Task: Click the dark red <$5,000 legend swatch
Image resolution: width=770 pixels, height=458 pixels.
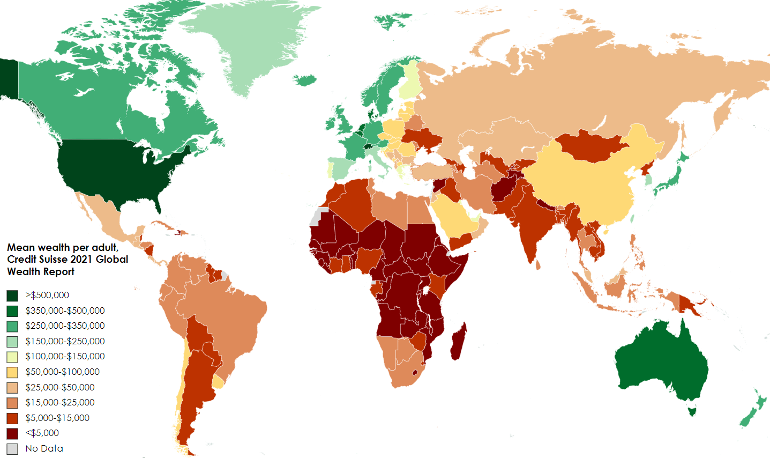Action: (12, 433)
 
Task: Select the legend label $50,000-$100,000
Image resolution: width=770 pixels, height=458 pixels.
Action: (62, 372)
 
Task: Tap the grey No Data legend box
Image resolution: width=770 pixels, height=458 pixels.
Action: (12, 449)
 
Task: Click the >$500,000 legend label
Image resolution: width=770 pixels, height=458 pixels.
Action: (47, 295)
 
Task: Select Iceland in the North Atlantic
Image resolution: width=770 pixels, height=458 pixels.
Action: (305, 80)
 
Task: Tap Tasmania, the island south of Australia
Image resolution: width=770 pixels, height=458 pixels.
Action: (692, 411)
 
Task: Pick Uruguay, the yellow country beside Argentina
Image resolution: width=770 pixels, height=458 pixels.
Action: (218, 382)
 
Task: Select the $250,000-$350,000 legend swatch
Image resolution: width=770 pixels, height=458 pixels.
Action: (12, 326)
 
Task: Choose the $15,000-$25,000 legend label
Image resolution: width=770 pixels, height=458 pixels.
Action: (60, 402)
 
